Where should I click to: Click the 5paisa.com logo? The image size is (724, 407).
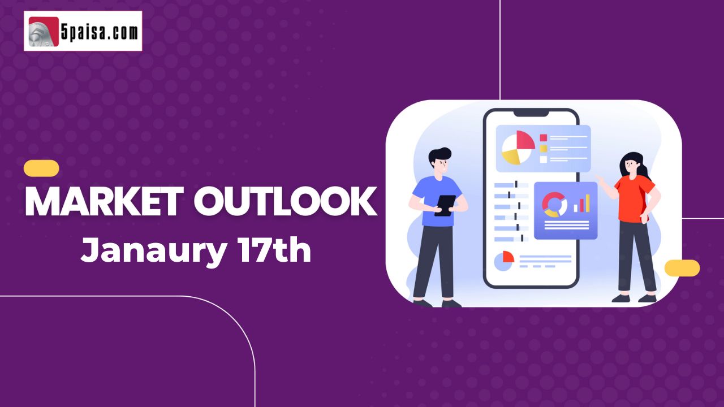[x=83, y=31]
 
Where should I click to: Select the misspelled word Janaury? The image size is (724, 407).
[x=153, y=250]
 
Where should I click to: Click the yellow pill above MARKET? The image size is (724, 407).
[x=41, y=168]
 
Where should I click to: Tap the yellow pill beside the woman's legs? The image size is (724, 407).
[x=682, y=268]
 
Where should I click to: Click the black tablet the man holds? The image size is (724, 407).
[x=445, y=206]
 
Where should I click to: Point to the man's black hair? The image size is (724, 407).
[x=439, y=155]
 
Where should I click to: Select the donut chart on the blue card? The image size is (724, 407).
[x=555, y=205]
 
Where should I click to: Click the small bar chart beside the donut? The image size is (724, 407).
[x=581, y=203]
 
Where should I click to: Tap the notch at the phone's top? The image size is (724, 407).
[x=531, y=113]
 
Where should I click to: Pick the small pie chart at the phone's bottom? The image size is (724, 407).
[x=504, y=261]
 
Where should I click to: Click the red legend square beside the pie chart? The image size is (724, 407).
[x=544, y=138]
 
